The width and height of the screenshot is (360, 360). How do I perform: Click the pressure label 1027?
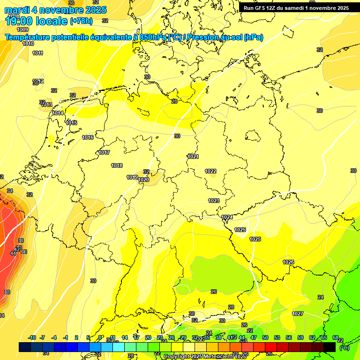(298, 314)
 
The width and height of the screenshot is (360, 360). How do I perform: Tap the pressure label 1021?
(193, 157)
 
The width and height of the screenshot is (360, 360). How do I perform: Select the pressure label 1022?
(210, 171)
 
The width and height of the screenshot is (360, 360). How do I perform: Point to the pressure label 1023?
(214, 201)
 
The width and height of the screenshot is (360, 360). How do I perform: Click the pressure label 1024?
(227, 217)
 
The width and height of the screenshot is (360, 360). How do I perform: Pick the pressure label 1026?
(288, 262)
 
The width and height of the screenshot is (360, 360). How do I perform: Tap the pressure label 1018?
(117, 165)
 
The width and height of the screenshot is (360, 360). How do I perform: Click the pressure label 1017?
(104, 153)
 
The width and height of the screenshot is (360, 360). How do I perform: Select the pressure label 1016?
(88, 137)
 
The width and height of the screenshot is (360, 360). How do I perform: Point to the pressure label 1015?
(71, 123)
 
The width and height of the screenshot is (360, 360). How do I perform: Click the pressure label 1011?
(38, 53)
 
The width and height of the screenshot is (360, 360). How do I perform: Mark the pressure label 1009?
(22, 30)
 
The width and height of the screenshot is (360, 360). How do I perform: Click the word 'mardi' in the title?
(17, 10)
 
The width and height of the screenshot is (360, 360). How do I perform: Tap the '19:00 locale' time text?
(37, 21)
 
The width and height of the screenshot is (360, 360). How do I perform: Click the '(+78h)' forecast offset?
(81, 21)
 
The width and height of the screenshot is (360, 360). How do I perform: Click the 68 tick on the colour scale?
(336, 337)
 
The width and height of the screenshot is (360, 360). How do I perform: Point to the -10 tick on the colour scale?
(32, 337)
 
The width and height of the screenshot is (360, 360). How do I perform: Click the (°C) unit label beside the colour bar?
(344, 347)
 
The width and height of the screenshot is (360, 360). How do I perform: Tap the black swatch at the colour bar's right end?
(330, 347)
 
